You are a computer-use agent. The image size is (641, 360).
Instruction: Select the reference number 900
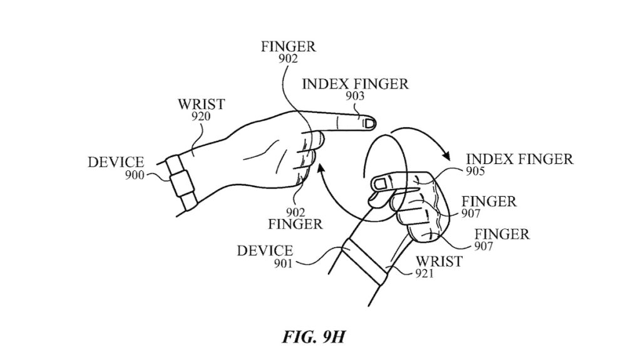132,175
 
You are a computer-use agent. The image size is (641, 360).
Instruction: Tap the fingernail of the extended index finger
369,123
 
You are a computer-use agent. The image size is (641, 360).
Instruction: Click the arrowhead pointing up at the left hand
321,168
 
